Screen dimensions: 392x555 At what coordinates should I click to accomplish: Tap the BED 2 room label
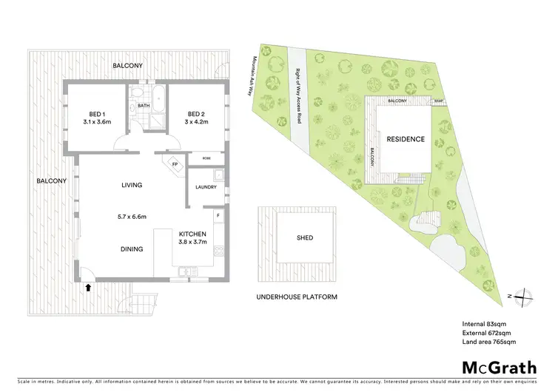tap(195, 113)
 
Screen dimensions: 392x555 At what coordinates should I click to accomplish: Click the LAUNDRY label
tap(206, 187)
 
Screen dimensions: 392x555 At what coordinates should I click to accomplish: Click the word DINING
tap(132, 249)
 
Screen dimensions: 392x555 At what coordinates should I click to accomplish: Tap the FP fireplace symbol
tap(175, 163)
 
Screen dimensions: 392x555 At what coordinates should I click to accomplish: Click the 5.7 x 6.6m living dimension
tap(132, 217)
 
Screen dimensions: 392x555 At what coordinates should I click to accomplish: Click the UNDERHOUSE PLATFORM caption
tap(297, 297)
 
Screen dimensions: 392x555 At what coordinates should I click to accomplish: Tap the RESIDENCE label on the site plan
tap(404, 139)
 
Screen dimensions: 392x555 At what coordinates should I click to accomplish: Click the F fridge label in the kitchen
tap(218, 216)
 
